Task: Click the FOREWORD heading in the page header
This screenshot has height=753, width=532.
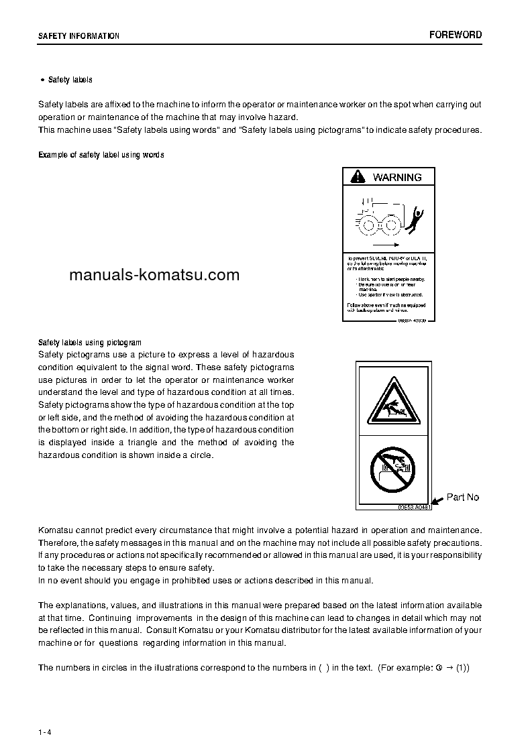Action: [456, 35]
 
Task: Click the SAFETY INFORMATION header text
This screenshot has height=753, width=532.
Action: [78, 36]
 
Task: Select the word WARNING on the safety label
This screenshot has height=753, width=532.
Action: [397, 177]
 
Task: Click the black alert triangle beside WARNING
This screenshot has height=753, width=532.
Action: [359, 177]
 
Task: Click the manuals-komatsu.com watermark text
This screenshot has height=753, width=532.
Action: [154, 274]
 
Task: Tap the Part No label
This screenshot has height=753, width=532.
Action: [463, 498]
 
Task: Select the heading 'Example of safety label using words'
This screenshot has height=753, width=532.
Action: [101, 155]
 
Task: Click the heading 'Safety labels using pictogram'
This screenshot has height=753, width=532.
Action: [90, 342]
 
